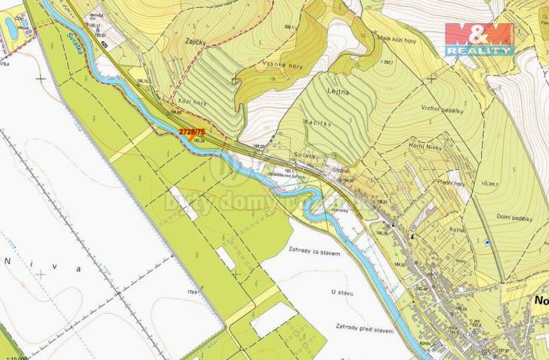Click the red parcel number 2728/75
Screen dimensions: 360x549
coord(192,132)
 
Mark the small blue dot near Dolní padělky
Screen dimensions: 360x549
coord(486,243)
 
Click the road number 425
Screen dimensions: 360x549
coord(104,44)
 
